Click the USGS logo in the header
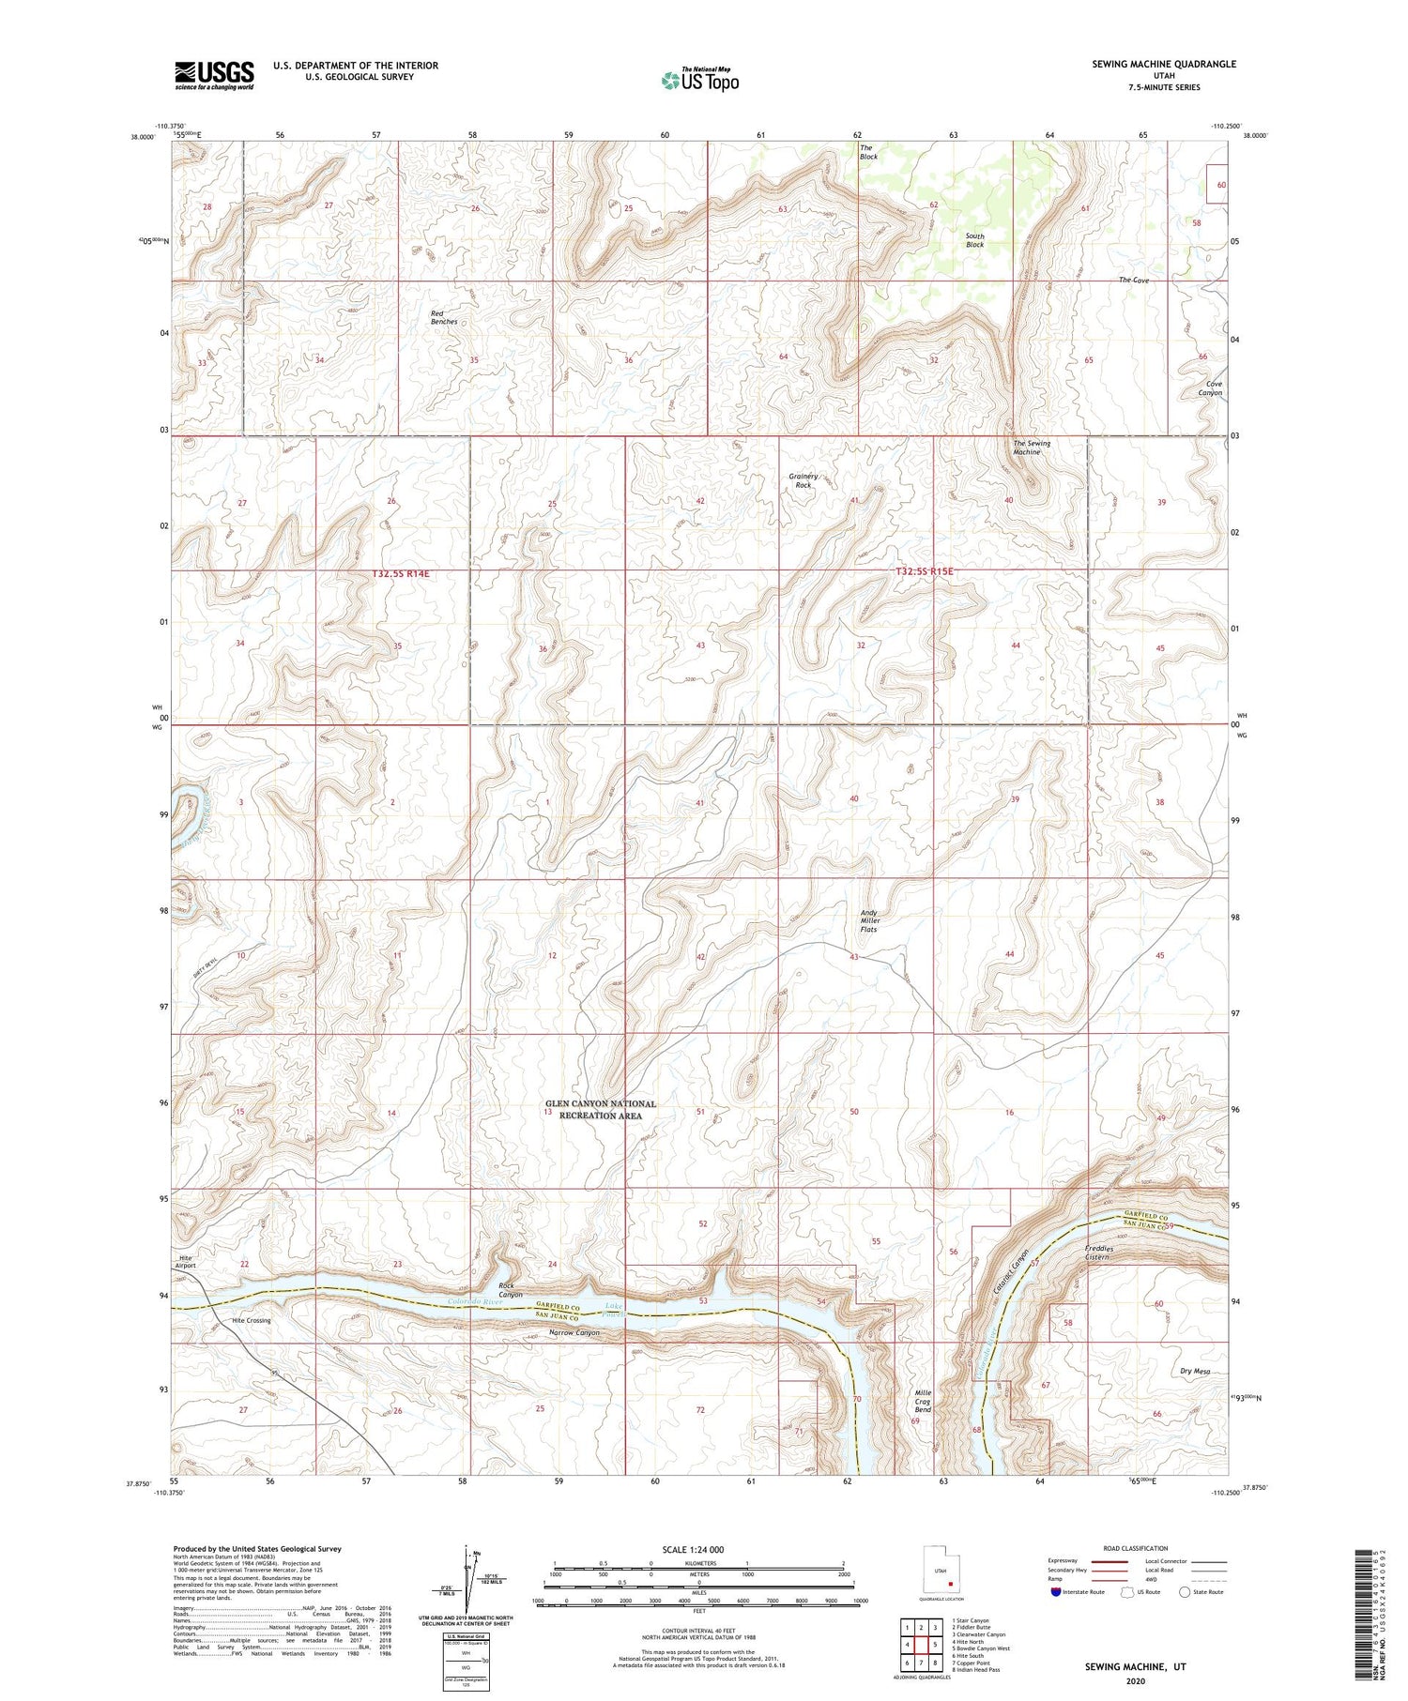click(214, 75)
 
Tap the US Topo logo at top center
click(699, 81)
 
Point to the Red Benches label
click(444, 317)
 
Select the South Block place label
click(975, 240)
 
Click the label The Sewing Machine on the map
click(1031, 448)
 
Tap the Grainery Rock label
click(803, 480)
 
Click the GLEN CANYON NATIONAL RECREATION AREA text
click(601, 1110)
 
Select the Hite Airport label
click(186, 1261)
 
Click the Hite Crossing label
click(251, 1320)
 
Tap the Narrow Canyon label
click(574, 1332)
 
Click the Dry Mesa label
click(1194, 1371)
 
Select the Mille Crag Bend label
click(923, 1401)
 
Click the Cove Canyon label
click(1214, 388)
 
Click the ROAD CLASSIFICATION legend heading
click(1135, 1548)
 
